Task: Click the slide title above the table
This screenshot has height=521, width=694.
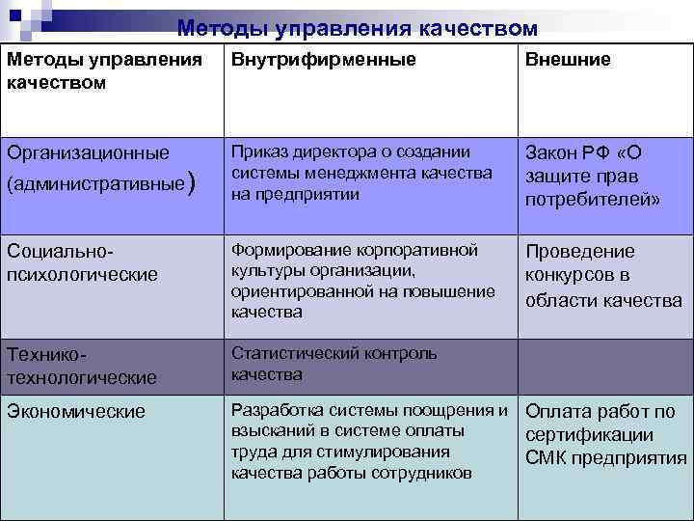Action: [357, 28]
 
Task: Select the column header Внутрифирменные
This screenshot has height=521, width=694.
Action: [324, 60]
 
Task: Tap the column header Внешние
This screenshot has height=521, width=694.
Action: [568, 60]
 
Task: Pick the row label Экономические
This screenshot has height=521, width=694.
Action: [76, 411]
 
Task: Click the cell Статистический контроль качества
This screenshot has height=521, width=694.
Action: [334, 364]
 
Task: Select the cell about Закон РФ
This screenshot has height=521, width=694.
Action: [592, 177]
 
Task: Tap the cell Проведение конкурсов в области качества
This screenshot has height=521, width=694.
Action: [602, 276]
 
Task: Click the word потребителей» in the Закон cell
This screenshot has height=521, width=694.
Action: [592, 200]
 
